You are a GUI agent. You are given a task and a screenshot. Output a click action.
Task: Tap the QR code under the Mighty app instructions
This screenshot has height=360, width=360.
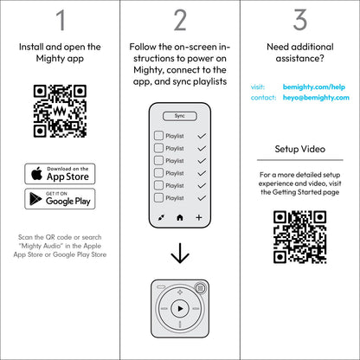60,111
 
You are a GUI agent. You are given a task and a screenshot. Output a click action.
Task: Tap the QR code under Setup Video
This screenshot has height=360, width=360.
299,237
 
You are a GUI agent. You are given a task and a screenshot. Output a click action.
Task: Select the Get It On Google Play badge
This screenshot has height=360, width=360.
60,199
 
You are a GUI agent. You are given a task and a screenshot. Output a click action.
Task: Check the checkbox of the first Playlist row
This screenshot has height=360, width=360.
158,136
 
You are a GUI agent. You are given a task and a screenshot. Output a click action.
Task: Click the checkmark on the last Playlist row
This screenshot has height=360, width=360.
202,197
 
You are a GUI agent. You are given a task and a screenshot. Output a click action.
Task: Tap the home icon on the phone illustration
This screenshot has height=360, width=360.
180,219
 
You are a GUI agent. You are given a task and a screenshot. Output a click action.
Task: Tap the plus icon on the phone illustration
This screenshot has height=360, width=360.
200,219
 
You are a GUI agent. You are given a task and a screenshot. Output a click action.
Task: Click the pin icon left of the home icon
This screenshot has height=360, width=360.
160,219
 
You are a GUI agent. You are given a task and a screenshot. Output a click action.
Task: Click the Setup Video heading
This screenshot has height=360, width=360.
299,149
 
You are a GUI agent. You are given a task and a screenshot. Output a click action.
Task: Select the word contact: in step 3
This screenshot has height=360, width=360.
263,99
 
